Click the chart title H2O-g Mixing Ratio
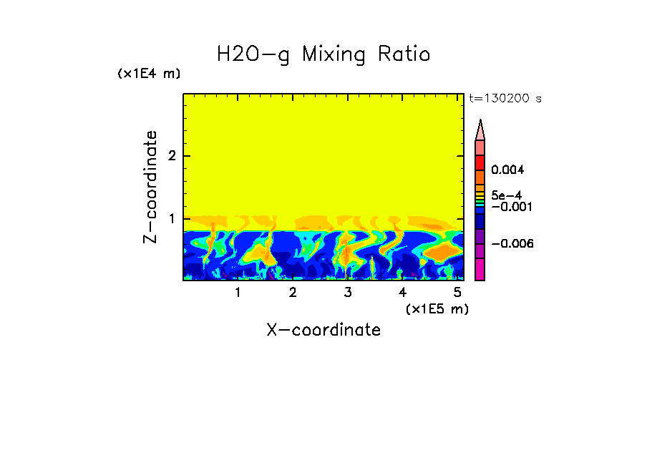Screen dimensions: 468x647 323,54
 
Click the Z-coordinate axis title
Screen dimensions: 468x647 150,187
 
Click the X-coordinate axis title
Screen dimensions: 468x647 323,330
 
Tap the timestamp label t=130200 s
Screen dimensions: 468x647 505,99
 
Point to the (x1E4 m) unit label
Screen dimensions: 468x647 149,74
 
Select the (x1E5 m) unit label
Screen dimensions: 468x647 437,308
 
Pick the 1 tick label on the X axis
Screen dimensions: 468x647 238,293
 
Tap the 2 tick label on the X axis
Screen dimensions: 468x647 293,293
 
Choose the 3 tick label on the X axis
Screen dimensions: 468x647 348,293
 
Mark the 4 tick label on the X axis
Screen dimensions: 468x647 402,293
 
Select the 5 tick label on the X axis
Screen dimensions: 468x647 457,293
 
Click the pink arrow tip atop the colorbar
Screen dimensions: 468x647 480,130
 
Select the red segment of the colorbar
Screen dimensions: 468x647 480,162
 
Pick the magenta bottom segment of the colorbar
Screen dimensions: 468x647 480,269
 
